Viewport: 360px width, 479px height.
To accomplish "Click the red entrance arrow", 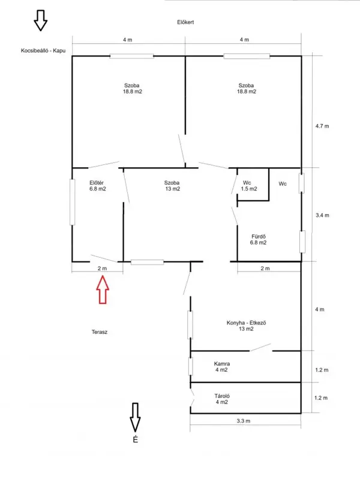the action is click(x=103, y=290).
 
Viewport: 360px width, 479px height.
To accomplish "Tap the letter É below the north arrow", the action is click(x=135, y=439).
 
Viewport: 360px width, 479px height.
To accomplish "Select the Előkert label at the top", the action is click(x=185, y=22).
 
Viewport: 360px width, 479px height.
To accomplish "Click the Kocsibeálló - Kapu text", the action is click(x=43, y=51).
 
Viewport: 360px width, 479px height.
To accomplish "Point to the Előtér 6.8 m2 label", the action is click(x=98, y=186).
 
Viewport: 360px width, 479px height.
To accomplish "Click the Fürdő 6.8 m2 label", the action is click(x=258, y=240).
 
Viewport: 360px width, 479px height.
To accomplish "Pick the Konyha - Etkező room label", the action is click(x=246, y=326).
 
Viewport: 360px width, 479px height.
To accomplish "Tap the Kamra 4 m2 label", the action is click(x=222, y=366).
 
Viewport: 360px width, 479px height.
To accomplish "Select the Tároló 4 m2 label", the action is click(x=222, y=399).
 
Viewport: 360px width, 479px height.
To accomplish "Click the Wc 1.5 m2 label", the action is click(x=248, y=186).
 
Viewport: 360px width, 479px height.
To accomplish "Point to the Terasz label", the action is click(x=100, y=332).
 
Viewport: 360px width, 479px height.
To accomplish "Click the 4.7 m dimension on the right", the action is click(x=322, y=126).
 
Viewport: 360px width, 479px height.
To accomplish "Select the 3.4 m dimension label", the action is click(x=322, y=215).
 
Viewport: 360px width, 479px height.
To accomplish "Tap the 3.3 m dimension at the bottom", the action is click(x=244, y=421).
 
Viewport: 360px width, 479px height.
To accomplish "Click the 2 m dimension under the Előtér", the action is click(x=102, y=269).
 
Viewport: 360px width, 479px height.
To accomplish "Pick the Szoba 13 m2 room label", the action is click(x=172, y=186).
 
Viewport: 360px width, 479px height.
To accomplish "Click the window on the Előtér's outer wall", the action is click(x=73, y=202).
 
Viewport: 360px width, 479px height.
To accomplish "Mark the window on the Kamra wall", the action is click(x=191, y=366).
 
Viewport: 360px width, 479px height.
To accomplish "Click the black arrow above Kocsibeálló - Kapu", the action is click(x=40, y=20).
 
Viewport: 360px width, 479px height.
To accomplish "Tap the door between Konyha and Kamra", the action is click(x=260, y=347).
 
